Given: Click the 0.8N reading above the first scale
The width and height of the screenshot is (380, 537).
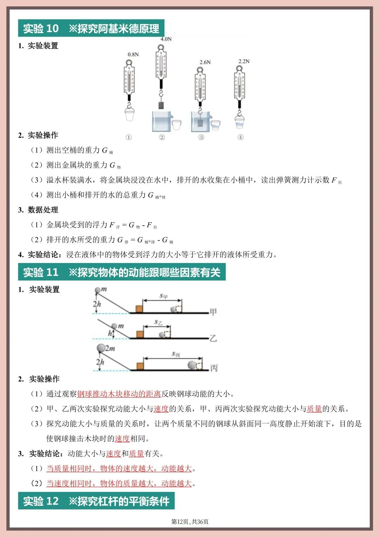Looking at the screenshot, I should [x=133, y=55].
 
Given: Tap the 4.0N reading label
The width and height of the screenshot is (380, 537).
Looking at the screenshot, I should [x=166, y=39].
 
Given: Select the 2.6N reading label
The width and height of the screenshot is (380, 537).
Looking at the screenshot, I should [x=205, y=62].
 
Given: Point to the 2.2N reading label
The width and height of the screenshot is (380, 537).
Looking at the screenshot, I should [x=243, y=61].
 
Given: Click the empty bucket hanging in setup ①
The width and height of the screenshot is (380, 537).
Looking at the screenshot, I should [x=129, y=114].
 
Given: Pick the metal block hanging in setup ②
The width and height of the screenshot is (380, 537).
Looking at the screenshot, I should [x=161, y=105].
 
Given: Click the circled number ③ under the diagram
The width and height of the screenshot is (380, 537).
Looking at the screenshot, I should [x=201, y=137].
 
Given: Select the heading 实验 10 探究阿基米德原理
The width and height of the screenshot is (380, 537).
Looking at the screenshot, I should [x=91, y=28].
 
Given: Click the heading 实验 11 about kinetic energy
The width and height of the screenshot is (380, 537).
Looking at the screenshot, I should [x=122, y=273].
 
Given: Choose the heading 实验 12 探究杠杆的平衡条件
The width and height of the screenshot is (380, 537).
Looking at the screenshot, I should [x=96, y=501].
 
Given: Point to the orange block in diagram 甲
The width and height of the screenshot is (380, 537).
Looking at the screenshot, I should [x=139, y=309].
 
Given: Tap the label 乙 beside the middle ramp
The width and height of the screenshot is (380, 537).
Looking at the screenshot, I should [x=213, y=338].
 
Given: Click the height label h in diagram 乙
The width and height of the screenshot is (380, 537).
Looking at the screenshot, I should [x=110, y=333].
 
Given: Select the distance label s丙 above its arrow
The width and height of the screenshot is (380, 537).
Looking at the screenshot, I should [x=176, y=354].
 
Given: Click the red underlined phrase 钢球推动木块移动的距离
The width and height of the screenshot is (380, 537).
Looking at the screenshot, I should [x=119, y=394].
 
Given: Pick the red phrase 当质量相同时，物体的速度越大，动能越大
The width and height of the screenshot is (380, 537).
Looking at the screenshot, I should [x=119, y=468].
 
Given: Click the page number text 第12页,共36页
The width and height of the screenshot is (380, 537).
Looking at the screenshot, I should [x=190, y=522].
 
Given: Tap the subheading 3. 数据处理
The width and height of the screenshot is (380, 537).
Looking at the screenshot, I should [x=38, y=210].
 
